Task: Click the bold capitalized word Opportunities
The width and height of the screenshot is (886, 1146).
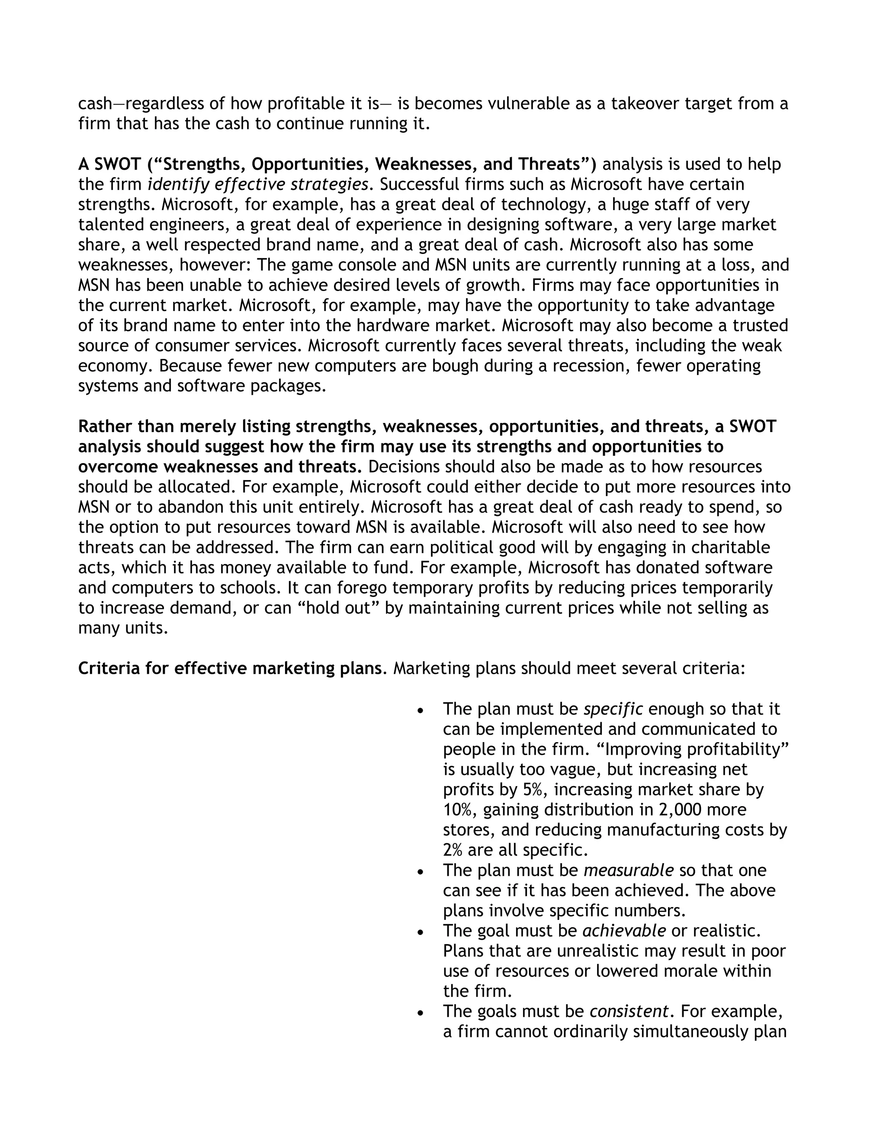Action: tap(310, 165)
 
